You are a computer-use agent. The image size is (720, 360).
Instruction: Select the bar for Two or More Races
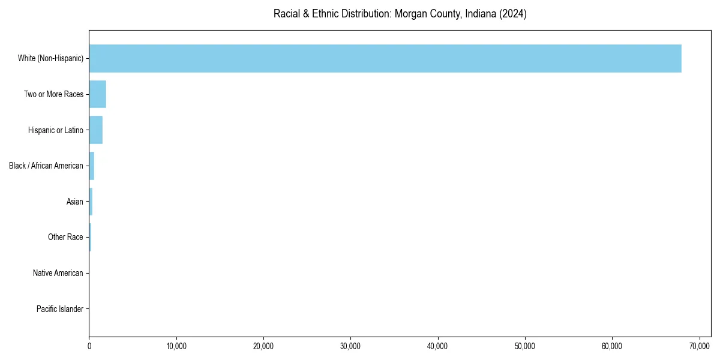coord(98,94)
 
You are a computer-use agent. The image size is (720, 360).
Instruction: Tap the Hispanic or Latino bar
coord(96,130)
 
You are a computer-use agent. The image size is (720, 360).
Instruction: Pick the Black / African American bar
coord(92,166)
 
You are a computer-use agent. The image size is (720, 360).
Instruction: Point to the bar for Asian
coord(91,202)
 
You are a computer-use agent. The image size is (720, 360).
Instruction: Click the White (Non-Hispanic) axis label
coord(51,58)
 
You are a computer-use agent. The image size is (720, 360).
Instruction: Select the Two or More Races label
coord(53,94)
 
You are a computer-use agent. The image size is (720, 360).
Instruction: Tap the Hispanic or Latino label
coord(55,130)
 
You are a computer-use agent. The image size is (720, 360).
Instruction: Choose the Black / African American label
coord(46,166)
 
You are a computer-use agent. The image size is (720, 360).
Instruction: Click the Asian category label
coord(74,202)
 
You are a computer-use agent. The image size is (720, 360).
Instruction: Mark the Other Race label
coord(65,238)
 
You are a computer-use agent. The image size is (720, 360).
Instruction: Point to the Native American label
coord(58,273)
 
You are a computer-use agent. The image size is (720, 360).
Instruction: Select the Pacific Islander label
coord(60,309)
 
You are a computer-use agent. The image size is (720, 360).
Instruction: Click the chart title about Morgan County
coord(400,14)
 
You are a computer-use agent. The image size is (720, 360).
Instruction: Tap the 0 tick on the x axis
coord(89,347)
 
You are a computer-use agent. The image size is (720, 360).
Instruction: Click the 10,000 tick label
coord(176,347)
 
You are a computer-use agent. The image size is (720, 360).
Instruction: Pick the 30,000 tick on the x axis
coord(350,347)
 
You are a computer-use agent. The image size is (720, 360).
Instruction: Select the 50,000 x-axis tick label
coord(525,347)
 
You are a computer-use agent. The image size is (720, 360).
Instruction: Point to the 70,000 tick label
coord(699,347)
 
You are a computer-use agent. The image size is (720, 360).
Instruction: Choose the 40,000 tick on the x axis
coord(438,347)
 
